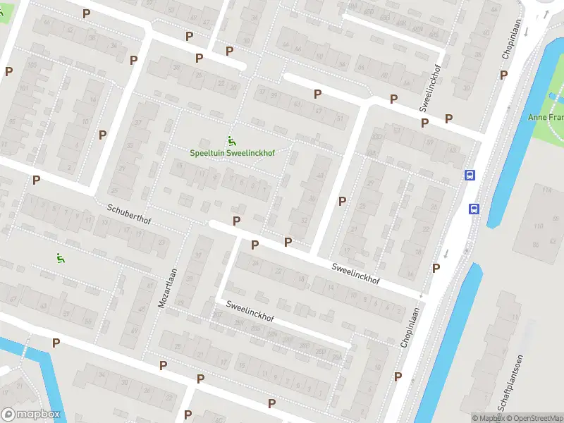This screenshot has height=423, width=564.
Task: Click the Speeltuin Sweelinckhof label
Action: (232, 152)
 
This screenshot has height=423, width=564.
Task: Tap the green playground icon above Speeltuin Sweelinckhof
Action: (230, 140)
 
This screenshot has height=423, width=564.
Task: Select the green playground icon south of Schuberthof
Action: (61, 258)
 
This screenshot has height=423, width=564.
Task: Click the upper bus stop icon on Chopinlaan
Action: (470, 175)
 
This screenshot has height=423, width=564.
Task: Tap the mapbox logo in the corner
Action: (31, 415)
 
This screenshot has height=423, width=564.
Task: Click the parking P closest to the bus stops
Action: (448, 118)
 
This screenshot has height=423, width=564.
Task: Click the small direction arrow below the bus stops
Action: (446, 253)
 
